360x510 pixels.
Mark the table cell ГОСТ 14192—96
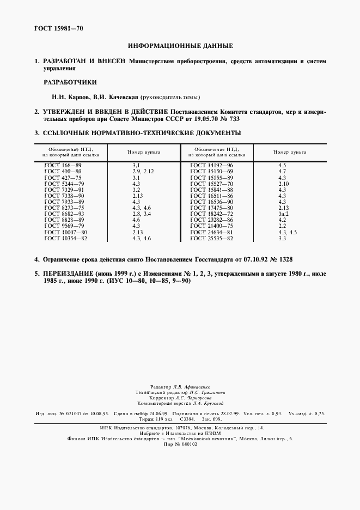point(212,164)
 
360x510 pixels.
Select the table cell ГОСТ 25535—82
point(212,239)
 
